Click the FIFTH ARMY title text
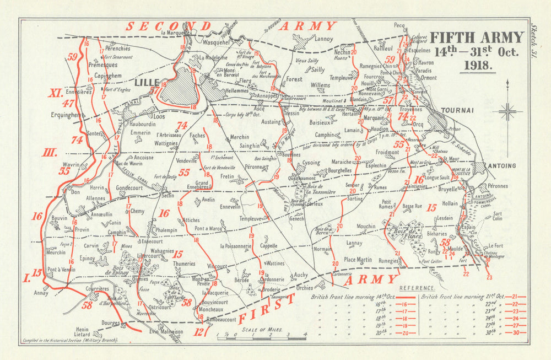click(476, 37)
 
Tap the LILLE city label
click(147, 82)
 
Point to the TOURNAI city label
click(457, 110)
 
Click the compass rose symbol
click(507, 111)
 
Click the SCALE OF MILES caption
click(262, 329)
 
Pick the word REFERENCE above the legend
click(417, 288)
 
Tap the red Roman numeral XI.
click(55, 93)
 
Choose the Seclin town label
click(168, 195)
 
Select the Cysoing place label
click(311, 163)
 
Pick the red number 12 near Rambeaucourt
click(199, 331)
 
